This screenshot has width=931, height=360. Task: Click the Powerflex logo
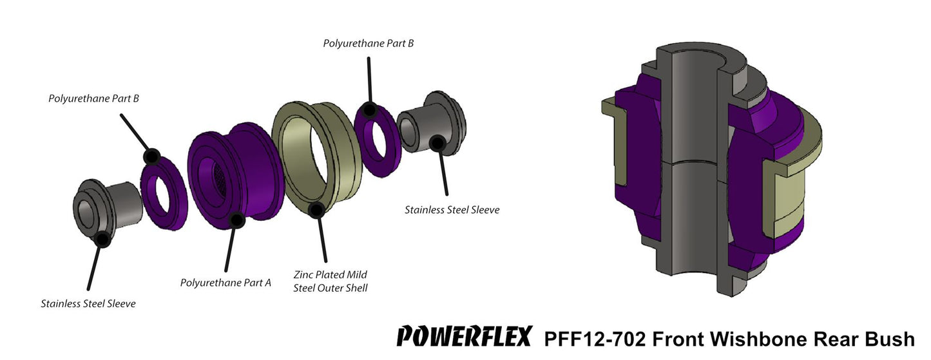click(x=464, y=337)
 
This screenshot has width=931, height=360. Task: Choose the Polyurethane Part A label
click(x=226, y=282)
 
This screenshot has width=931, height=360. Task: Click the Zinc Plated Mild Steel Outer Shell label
click(x=331, y=281)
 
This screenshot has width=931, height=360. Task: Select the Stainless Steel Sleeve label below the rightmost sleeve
click(x=452, y=209)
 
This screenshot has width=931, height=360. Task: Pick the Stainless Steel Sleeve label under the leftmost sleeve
click(x=88, y=303)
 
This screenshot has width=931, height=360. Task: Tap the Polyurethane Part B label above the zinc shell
click(x=368, y=43)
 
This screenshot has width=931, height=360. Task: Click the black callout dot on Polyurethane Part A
click(x=236, y=221)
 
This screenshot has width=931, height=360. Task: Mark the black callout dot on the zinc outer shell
click(x=316, y=209)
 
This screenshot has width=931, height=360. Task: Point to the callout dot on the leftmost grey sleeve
click(x=102, y=240)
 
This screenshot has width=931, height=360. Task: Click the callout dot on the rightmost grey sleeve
click(x=437, y=143)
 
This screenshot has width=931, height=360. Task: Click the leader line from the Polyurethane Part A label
click(x=230, y=251)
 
